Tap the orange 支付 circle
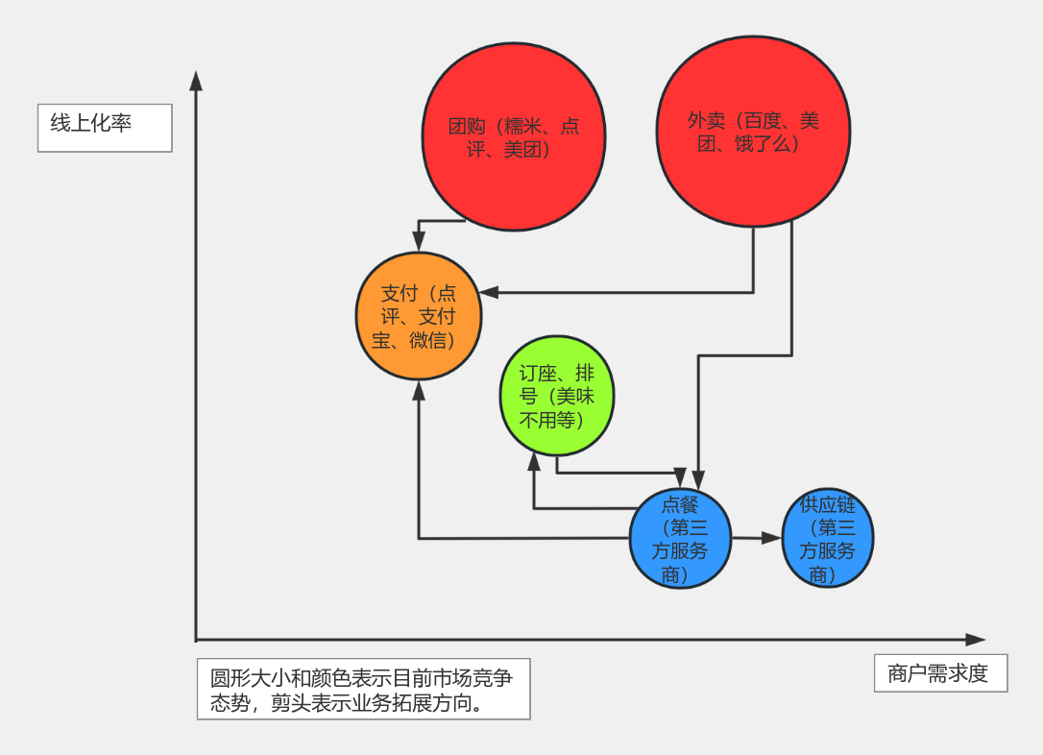[x=418, y=316]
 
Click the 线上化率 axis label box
[x=105, y=128]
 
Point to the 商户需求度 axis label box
[x=940, y=673]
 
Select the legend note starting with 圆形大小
[x=363, y=689]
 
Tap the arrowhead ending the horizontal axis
[x=976, y=639]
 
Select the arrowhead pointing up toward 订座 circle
[x=534, y=464]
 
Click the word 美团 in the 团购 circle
[x=522, y=150]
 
